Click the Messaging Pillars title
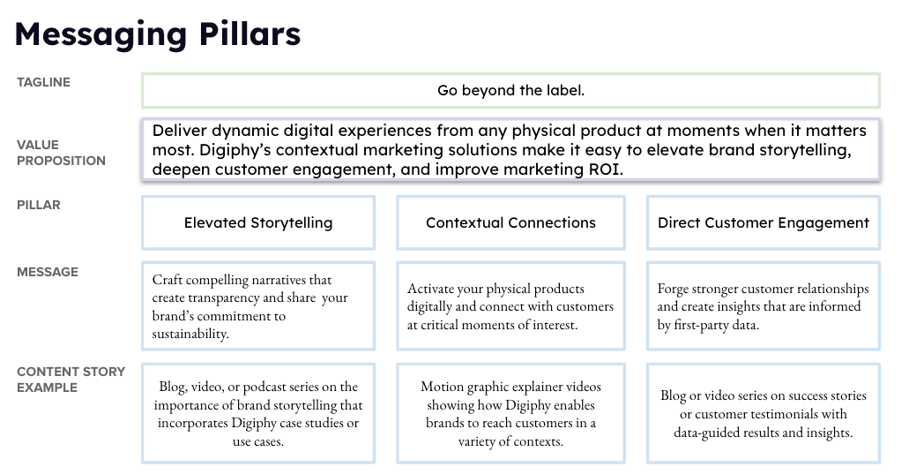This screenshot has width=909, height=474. pos(158,34)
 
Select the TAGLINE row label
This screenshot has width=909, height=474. pos(43,82)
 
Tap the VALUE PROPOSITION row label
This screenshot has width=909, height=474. pos(61,153)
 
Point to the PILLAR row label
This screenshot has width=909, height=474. pos(38,205)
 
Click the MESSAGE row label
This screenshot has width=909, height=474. pos(48,272)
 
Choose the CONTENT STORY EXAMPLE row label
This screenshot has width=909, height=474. pos(71,380)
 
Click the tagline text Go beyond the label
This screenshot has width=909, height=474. pos(510,91)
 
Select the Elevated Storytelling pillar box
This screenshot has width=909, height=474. pos(258,222)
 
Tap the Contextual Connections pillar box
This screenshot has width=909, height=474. pos(510,222)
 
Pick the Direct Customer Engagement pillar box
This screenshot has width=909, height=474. pos(764,222)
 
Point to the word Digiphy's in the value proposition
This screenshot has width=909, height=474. pos(235,150)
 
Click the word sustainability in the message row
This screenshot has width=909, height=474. pos(190,335)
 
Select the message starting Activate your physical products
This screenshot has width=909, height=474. pos(510,306)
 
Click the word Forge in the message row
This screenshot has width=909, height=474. pos(673,289)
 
